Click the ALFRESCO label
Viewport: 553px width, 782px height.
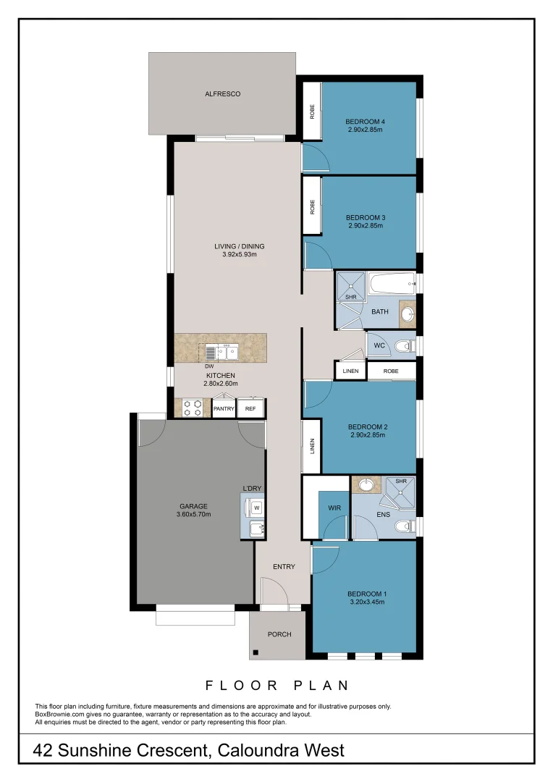(222, 94)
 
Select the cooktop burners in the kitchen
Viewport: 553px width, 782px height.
(193, 408)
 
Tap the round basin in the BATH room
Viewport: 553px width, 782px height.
(408, 314)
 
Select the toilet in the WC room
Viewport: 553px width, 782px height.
(408, 346)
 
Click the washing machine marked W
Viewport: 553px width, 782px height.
(256, 508)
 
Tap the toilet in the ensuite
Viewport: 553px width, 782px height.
(408, 526)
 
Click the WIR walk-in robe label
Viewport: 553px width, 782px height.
(334, 508)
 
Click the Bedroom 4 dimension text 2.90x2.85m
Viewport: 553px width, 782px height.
(364, 130)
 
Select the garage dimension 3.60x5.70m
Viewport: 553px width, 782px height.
(193, 515)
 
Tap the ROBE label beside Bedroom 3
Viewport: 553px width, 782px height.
(312, 207)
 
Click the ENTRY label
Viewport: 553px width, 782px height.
(284, 567)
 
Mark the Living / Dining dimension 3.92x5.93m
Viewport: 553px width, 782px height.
(240, 255)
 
